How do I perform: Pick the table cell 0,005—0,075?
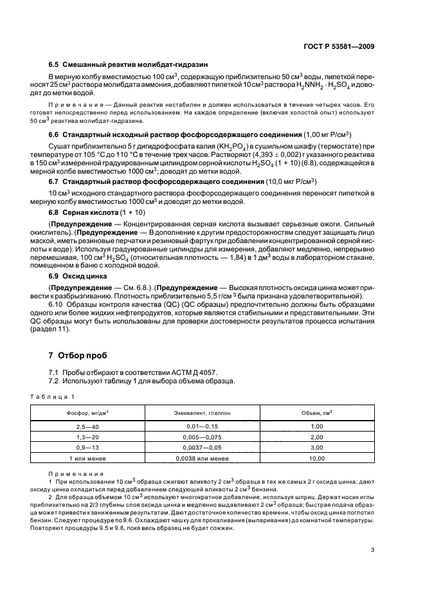[202, 437]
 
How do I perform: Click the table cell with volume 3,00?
[316, 447]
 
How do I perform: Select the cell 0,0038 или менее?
[202, 458]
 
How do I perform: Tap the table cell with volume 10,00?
[316, 458]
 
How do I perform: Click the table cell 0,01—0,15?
[202, 426]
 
